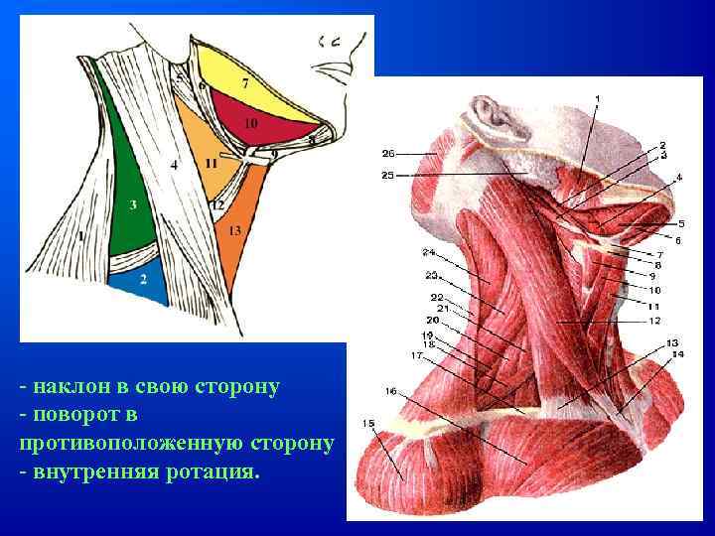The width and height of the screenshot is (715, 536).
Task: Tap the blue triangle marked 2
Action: (x=144, y=279)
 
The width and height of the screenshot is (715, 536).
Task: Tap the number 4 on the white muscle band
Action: (x=174, y=165)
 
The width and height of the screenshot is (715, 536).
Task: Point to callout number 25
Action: (x=387, y=176)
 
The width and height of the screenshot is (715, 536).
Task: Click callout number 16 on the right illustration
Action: (x=391, y=391)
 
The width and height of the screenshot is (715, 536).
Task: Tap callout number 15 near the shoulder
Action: (x=368, y=424)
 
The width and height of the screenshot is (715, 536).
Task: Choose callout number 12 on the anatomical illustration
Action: (x=655, y=321)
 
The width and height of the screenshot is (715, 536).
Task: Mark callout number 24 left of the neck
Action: (x=428, y=252)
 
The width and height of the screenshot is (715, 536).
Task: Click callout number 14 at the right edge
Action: (x=678, y=354)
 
